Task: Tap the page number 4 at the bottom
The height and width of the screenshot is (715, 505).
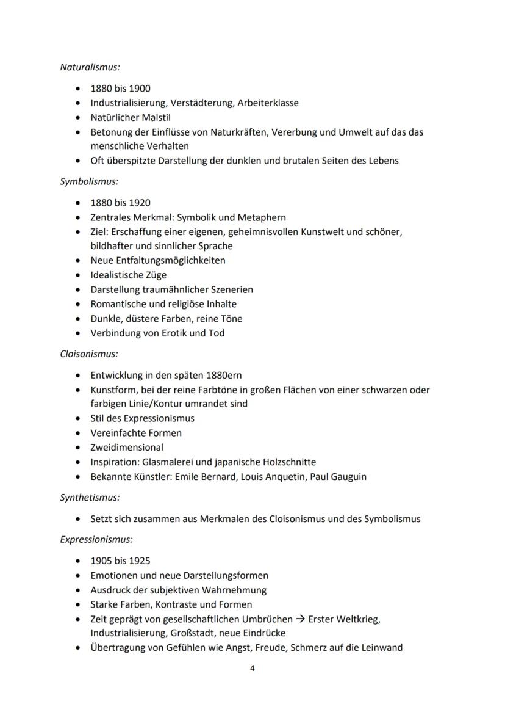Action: tap(253, 668)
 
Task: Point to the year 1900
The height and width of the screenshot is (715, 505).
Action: tap(140, 89)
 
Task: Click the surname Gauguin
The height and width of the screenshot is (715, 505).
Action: tap(349, 477)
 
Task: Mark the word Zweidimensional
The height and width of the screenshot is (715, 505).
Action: tap(127, 448)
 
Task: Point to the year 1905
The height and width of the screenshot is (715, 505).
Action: tap(101, 561)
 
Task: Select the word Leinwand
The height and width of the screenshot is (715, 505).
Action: tap(382, 648)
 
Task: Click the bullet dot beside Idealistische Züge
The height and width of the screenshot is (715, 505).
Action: tap(77, 275)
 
